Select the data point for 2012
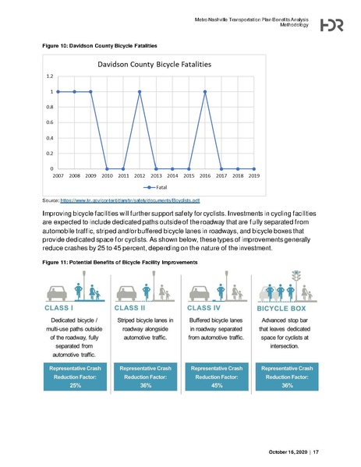pos(140,91)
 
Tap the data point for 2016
pos(205,91)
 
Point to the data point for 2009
pos(90,91)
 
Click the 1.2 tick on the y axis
pos(49,76)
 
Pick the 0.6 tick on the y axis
pos(49,122)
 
